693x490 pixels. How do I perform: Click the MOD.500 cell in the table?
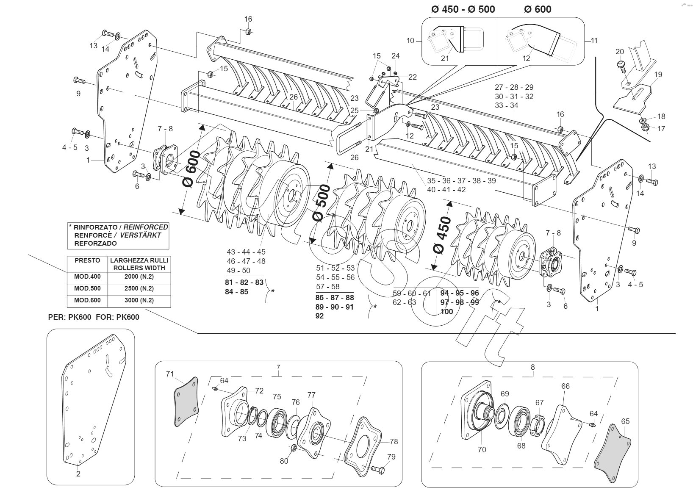coord(87,288)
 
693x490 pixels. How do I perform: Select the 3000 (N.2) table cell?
coord(139,300)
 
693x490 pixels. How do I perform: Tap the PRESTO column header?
coord(87,260)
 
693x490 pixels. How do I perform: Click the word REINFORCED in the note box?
coord(146,227)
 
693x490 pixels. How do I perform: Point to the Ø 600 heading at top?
coord(538,9)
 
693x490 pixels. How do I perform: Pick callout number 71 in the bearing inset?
coord(170,374)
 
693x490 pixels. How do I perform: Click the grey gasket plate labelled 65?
coord(612,454)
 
